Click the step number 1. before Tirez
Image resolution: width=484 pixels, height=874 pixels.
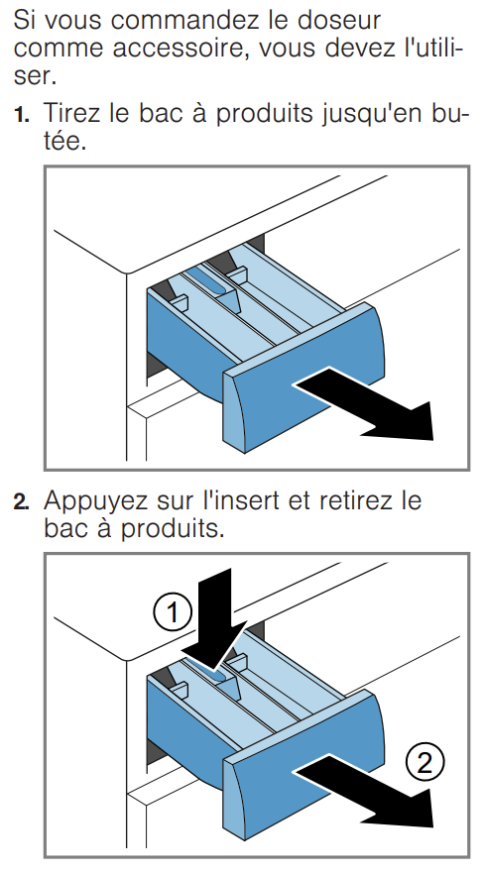coord(22,114)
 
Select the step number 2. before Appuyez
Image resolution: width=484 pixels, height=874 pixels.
coord(22,502)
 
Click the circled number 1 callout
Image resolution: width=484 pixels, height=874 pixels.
coord(173,612)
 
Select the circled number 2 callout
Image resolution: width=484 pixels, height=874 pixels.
coord(425,762)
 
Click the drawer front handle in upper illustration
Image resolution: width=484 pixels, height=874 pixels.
coord(303,378)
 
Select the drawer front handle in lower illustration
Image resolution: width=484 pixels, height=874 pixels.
coord(303,765)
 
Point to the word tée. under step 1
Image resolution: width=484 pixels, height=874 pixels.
coord(64,141)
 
